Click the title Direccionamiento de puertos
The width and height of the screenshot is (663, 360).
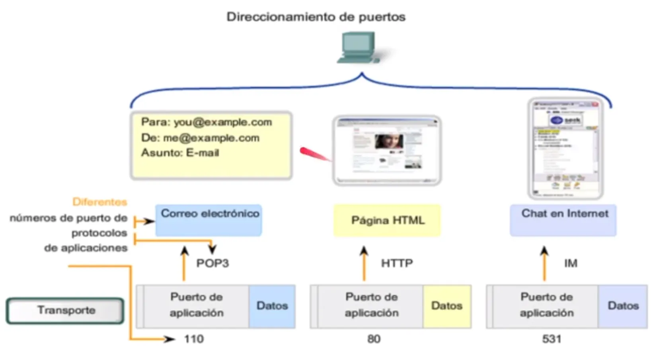click(x=316, y=17)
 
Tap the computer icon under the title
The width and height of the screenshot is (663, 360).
click(x=359, y=48)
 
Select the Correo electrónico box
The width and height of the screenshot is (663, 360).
click(x=209, y=220)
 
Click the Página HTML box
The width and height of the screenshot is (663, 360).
click(x=387, y=220)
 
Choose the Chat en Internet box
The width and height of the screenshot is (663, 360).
click(x=564, y=220)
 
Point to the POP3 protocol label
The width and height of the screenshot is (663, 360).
click(x=213, y=263)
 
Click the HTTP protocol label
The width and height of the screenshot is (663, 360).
click(x=397, y=263)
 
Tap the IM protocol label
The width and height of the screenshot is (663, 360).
click(x=570, y=263)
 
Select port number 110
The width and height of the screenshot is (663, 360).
click(x=194, y=339)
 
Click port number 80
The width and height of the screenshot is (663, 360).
click(x=374, y=339)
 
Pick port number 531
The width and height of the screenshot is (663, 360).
click(x=552, y=339)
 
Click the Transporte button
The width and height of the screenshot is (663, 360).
click(x=65, y=310)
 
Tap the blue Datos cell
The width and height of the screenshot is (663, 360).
click(x=272, y=306)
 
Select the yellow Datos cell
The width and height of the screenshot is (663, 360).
click(x=447, y=306)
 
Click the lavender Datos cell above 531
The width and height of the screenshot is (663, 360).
click(x=623, y=306)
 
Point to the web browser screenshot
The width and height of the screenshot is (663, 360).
click(x=387, y=151)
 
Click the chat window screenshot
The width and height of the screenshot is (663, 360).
click(x=565, y=148)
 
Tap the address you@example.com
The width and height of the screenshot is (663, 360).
click(x=223, y=122)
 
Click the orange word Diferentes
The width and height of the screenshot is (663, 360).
click(x=99, y=202)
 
